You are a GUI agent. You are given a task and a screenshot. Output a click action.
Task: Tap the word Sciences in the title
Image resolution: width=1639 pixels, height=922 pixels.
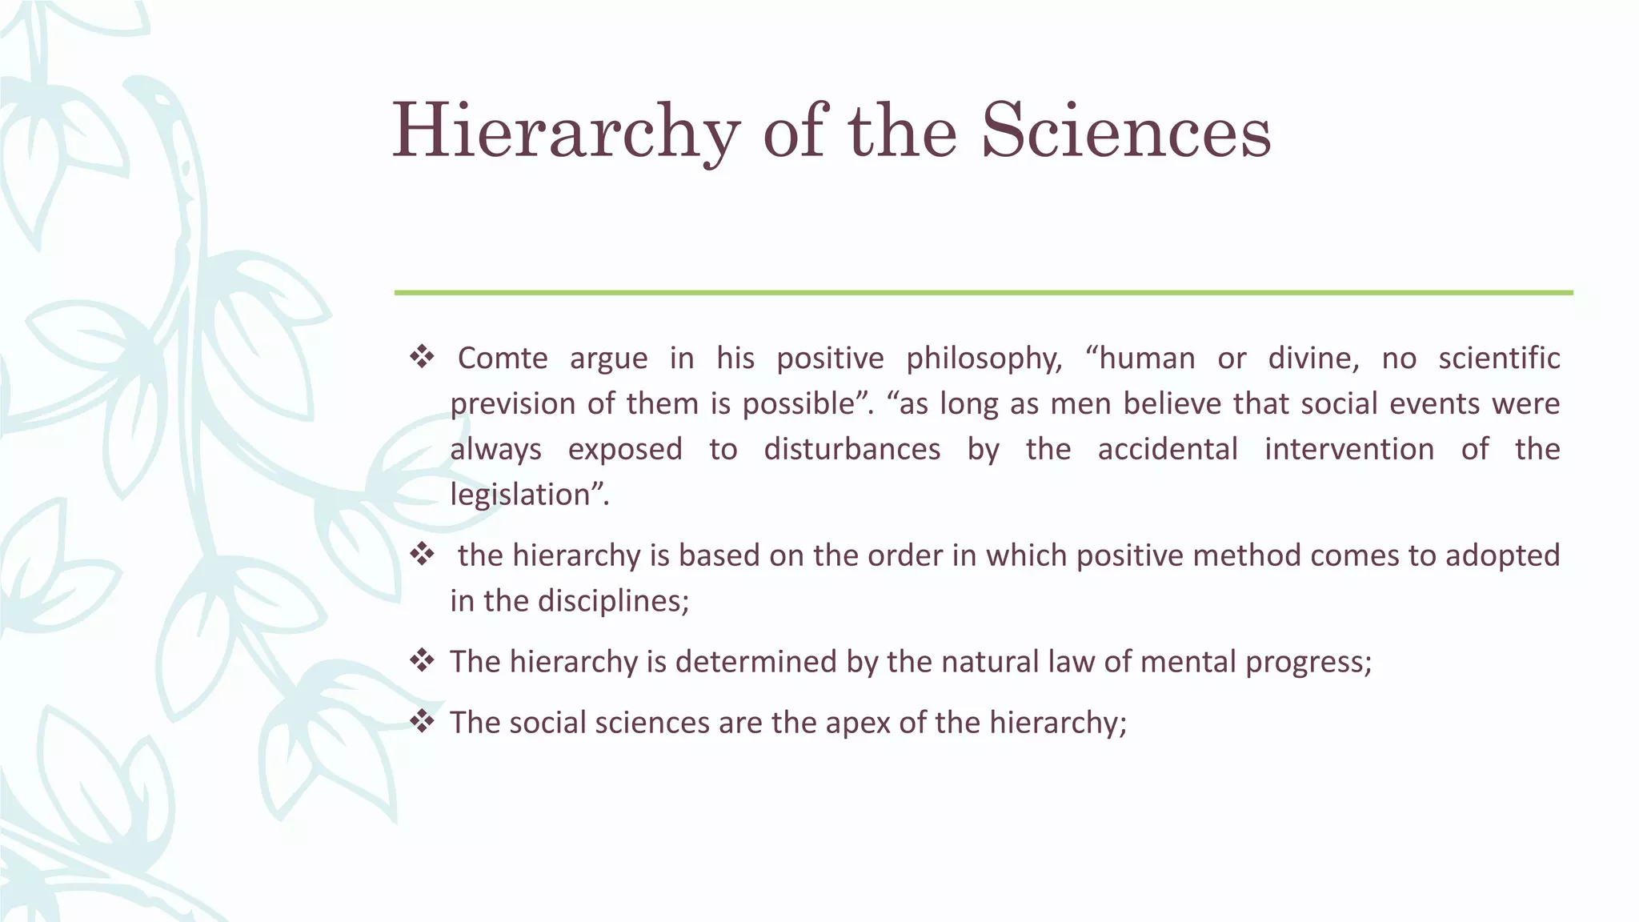tap(1126, 130)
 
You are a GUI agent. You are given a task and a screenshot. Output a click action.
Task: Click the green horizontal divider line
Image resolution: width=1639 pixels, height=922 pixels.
tap(983, 293)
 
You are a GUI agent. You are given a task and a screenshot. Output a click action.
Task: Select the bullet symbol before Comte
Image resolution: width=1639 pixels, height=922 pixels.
tap(421, 357)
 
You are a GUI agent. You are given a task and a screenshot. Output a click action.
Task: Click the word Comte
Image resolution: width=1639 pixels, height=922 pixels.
tap(502, 358)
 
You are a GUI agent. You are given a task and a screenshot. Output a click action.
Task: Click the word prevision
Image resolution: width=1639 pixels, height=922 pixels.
tap(512, 404)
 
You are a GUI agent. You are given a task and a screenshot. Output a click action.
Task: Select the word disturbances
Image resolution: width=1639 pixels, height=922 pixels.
tap(852, 449)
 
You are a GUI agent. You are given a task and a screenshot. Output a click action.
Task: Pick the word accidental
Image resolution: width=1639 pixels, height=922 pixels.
tap(1168, 449)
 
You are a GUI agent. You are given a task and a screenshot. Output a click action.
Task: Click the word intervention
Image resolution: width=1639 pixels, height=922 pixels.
tap(1349, 449)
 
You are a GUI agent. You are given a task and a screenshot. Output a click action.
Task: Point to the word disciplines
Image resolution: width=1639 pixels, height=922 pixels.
tap(613, 601)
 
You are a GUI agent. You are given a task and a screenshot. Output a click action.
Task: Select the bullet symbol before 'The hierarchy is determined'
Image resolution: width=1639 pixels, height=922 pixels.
tap(421, 661)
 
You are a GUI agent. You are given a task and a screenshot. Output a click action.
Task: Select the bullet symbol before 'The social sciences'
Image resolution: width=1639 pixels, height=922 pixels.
tap(421, 722)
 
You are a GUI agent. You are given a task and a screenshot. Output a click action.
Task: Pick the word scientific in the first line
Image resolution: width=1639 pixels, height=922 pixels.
tap(1499, 358)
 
